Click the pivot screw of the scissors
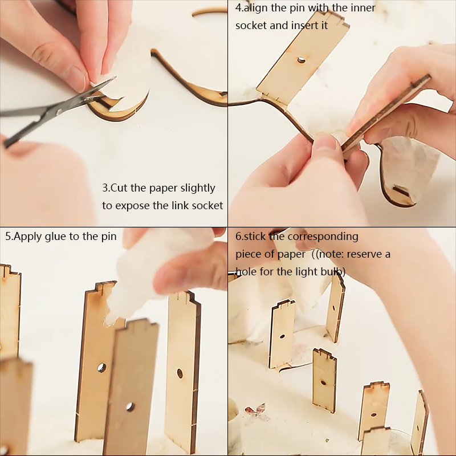coord(60,111)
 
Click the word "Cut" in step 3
coord(119,188)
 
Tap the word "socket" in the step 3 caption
coord(207,206)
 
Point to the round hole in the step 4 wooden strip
coord(301,60)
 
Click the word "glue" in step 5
coord(56,237)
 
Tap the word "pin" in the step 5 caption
coord(109,237)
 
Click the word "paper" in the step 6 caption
coord(291,254)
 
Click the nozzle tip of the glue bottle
coord(108,322)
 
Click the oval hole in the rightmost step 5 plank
coord(180,373)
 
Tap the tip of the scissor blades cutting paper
coord(115,78)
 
